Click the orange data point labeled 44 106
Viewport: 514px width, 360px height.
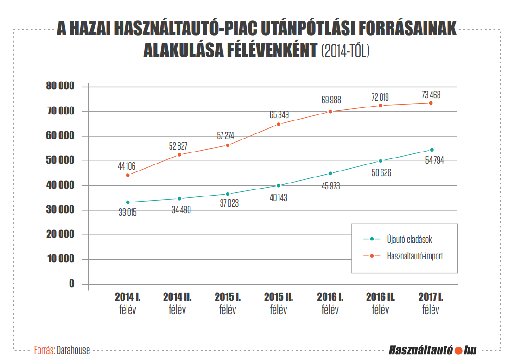tap(127, 175)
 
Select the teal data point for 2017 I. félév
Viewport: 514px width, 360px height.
tap(432, 150)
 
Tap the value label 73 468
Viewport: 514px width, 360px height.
tap(431, 95)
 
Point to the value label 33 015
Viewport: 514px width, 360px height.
tap(127, 213)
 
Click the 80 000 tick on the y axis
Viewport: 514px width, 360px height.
tap(60, 86)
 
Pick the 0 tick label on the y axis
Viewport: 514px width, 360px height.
tap(72, 284)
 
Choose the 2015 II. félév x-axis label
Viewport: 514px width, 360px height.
tap(279, 303)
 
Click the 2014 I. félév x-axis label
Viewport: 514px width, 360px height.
tap(127, 303)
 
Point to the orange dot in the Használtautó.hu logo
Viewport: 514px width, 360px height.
tap(459, 350)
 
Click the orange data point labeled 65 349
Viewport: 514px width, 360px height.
tap(279, 124)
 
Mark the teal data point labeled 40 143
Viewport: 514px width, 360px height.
tap(279, 185)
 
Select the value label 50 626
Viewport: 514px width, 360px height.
tap(381, 172)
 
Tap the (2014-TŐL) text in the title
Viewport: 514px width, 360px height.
tap(345, 50)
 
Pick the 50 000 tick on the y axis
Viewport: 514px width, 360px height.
tap(60, 160)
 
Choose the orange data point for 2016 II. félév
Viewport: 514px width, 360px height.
tap(381, 106)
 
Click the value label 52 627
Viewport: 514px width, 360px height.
tap(178, 146)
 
